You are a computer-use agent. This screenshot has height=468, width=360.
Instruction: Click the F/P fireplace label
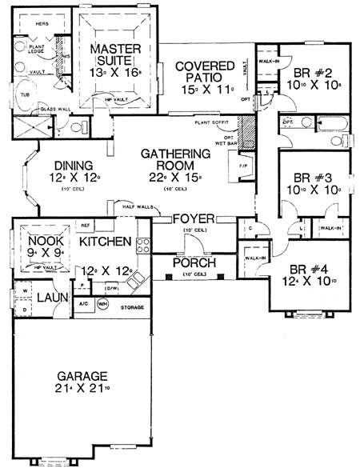click(x=245, y=166)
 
